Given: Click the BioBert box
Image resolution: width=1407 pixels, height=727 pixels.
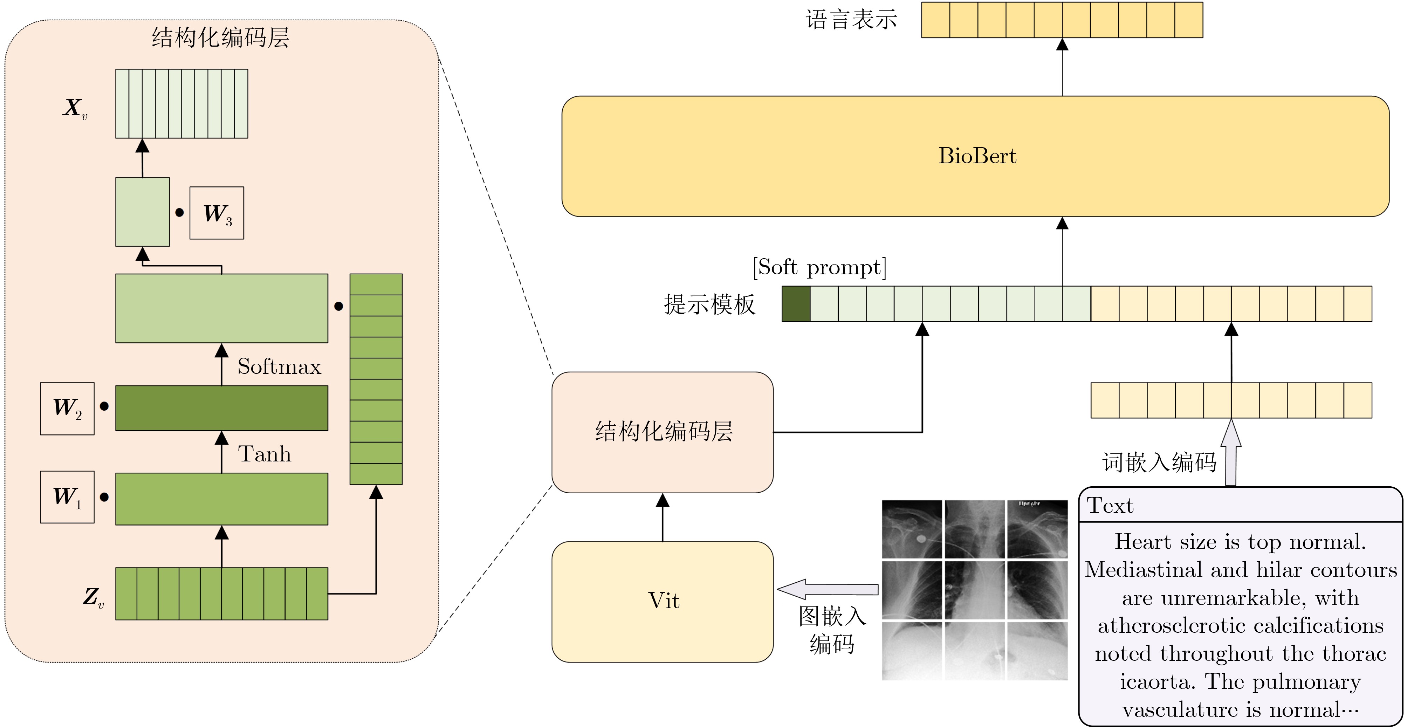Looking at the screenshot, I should [x=975, y=156].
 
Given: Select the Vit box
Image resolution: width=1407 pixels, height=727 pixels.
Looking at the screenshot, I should [x=662, y=601].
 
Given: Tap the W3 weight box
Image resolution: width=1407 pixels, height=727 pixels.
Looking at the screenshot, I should [x=217, y=213].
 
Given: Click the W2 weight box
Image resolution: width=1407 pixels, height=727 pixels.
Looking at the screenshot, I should [x=67, y=408].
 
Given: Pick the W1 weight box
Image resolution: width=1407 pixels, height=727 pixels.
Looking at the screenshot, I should [x=67, y=497].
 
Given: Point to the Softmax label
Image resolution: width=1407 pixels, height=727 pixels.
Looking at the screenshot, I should [x=279, y=366].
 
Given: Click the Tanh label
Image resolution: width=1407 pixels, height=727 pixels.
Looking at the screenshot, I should [x=265, y=454].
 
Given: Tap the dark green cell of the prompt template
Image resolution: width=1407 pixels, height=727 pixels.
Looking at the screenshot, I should [x=796, y=304].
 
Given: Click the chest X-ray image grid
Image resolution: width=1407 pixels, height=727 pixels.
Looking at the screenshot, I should [x=974, y=590].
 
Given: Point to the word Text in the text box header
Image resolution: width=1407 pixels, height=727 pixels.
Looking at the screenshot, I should [x=1110, y=506].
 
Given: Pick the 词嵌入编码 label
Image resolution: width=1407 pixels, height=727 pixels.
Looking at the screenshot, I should [x=1159, y=462].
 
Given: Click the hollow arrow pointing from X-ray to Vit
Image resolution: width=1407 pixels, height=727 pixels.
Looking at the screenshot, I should [x=828, y=589].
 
